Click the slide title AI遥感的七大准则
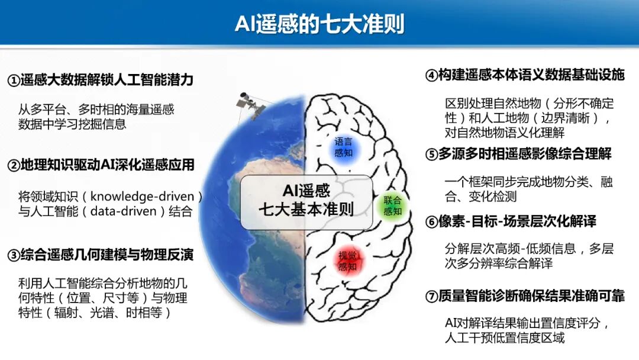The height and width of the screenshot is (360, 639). [319, 24]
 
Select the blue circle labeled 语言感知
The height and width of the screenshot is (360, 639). [343, 147]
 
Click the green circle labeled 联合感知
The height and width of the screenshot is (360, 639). [393, 205]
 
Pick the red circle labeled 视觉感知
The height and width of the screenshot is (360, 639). [347, 261]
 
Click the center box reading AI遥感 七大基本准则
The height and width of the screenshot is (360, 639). [306, 201]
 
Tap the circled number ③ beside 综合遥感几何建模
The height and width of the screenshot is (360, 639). [13, 256]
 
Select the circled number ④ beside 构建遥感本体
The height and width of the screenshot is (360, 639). [431, 76]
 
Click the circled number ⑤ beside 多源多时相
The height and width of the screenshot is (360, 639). [431, 155]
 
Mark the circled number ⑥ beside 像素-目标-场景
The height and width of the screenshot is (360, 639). [431, 222]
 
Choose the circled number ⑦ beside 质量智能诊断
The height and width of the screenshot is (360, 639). [431, 297]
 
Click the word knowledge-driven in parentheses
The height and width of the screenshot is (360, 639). [147, 196]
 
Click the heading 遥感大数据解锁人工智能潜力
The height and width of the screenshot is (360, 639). [106, 80]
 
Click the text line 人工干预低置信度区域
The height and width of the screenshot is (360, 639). [505, 338]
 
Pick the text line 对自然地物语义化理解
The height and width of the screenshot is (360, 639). [505, 133]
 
